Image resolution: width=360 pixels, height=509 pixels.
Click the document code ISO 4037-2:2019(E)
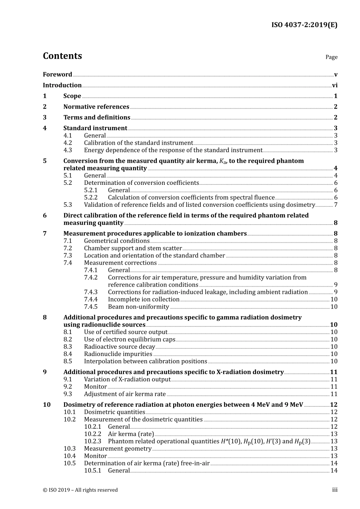[304, 25]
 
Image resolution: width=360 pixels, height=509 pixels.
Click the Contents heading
[62, 56]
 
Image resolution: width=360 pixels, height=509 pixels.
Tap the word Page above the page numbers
[331, 57]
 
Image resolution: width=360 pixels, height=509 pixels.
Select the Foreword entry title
[57, 75]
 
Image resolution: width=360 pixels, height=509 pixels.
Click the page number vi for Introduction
[335, 86]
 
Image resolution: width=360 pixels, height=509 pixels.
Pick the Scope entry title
[72, 96]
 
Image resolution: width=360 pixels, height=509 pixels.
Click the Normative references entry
[96, 107]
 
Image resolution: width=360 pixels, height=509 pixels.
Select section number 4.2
[67, 143]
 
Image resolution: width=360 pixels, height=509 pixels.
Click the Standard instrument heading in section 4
[95, 128]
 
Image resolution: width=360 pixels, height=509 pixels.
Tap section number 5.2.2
[91, 198]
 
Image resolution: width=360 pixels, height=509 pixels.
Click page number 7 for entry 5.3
[335, 205]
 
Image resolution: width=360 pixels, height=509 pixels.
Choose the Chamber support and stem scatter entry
[133, 248]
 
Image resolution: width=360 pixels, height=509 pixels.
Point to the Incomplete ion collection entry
[144, 300]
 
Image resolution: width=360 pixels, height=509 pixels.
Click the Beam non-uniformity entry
[138, 307]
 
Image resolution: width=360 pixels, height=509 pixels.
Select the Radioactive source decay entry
[119, 347]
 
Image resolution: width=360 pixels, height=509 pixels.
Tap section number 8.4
[67, 354]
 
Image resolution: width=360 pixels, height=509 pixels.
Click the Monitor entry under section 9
[95, 387]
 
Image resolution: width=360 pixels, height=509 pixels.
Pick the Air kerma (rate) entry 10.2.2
[131, 434]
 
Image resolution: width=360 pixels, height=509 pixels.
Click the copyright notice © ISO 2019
[80, 490]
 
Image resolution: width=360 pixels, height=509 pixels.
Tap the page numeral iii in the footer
[335, 490]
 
